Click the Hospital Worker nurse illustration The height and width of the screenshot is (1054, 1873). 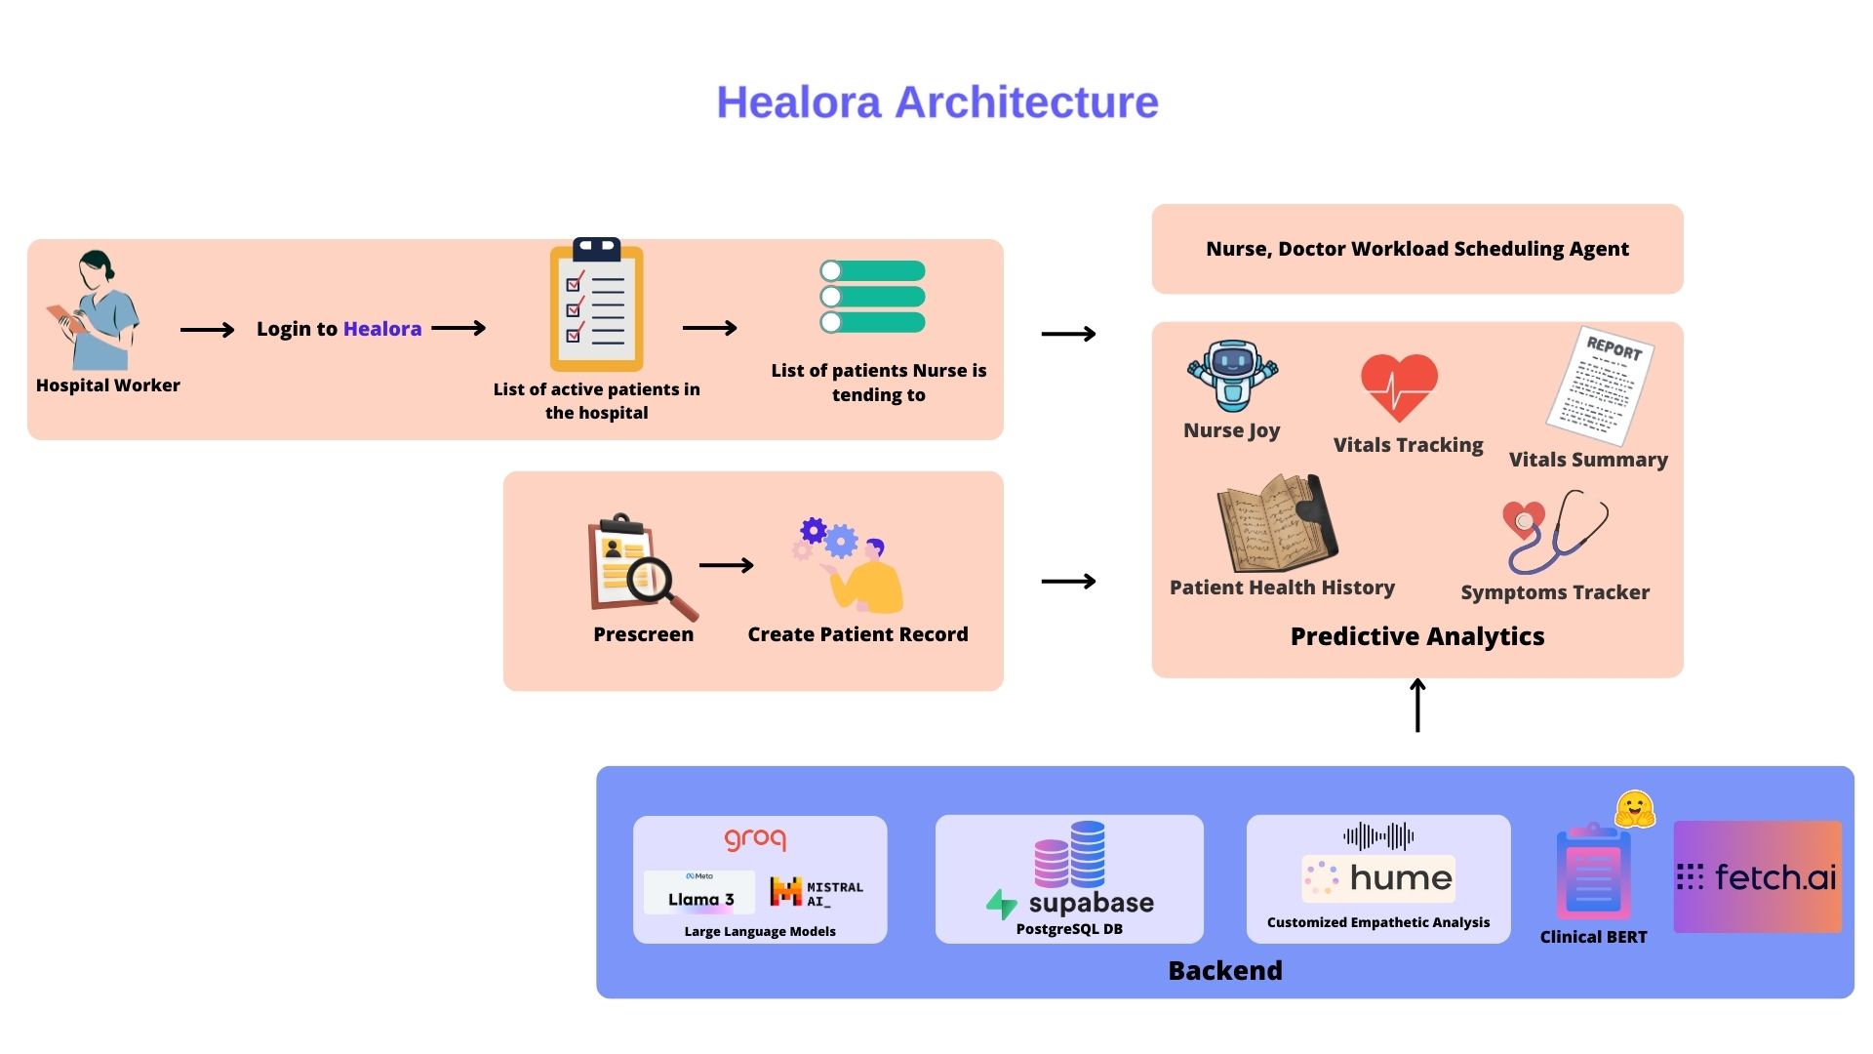(x=95, y=309)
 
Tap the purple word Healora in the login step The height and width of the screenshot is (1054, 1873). (x=382, y=329)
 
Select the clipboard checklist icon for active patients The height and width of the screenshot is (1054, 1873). (x=596, y=305)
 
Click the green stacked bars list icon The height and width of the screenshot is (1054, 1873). (x=873, y=297)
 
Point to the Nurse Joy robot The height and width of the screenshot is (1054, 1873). (x=1232, y=377)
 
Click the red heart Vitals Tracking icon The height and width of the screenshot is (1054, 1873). (x=1399, y=386)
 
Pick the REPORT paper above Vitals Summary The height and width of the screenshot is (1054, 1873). (x=1600, y=385)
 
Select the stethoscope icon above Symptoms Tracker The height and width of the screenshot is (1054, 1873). (x=1554, y=532)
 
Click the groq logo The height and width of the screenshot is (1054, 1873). (x=755, y=838)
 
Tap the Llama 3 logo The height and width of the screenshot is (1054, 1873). (x=699, y=893)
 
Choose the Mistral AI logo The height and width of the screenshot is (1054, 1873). (x=817, y=893)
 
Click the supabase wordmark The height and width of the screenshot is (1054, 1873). (x=1090, y=903)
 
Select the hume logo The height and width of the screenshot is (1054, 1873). (x=1378, y=878)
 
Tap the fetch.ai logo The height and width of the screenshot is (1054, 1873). (x=1757, y=876)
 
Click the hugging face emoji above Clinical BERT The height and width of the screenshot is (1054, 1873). (x=1634, y=809)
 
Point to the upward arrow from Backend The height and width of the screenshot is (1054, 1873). (x=1417, y=705)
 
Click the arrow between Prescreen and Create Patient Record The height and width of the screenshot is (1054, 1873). (x=727, y=565)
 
